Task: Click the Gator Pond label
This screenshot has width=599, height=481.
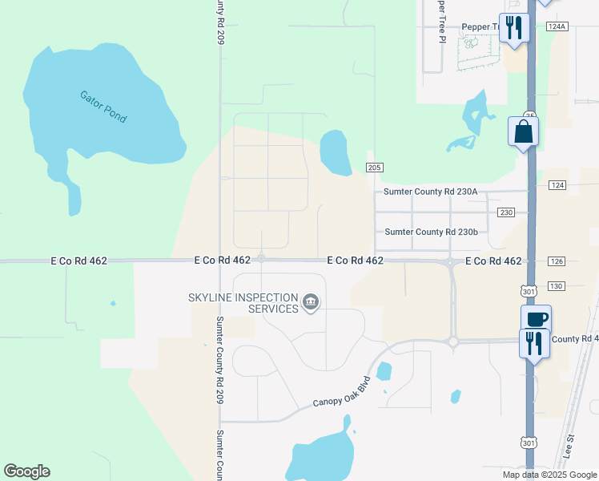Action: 103,106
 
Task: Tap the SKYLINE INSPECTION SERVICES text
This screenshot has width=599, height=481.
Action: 242,303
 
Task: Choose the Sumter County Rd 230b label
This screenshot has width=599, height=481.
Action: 431,232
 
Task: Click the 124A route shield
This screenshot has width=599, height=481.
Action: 557,26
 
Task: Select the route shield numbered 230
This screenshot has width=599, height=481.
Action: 505,212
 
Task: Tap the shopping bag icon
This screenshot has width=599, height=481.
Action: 524,131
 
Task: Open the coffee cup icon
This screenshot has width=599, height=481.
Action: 536,319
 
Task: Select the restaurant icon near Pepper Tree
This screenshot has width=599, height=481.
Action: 513,28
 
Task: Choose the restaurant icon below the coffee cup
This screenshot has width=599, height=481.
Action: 534,344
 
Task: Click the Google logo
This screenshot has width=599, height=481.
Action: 26,471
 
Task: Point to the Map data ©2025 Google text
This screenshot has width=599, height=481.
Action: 549,475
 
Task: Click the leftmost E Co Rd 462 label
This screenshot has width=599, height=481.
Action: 78,261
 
